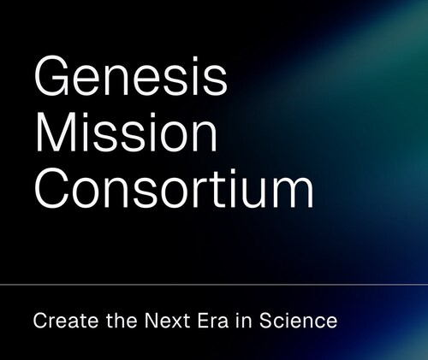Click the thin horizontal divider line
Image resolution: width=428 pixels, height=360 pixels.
[214, 283]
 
